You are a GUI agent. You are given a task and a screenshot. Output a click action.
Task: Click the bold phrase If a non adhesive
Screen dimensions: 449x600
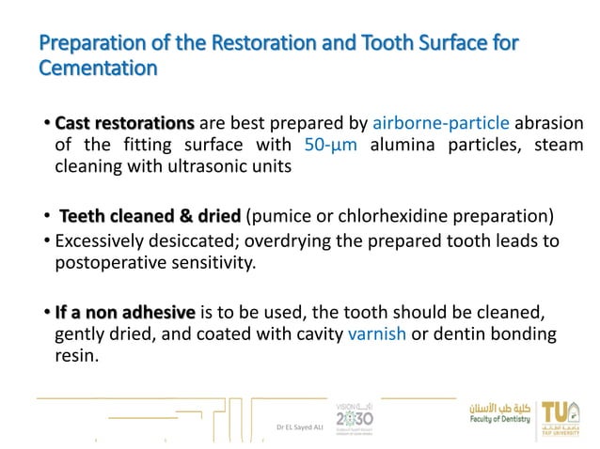click(125, 311)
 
